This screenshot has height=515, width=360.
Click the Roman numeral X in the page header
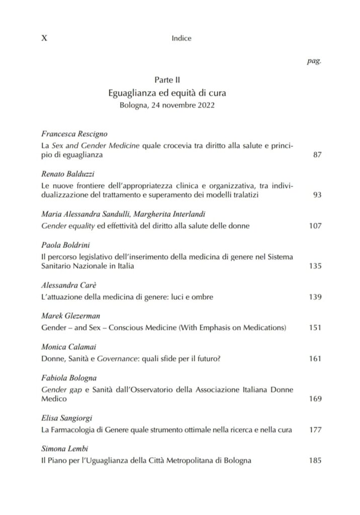coord(43,38)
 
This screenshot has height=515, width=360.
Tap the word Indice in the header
coord(182,38)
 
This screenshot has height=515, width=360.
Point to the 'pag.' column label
coord(314,62)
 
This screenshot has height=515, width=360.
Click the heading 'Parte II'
coord(167,80)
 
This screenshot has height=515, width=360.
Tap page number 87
coord(317,155)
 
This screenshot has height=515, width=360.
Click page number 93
coord(317,195)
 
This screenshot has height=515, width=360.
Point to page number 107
coord(315,226)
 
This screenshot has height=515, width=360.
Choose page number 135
coord(315,266)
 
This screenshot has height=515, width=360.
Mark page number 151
coord(315,328)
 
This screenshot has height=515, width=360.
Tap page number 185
coord(315,461)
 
